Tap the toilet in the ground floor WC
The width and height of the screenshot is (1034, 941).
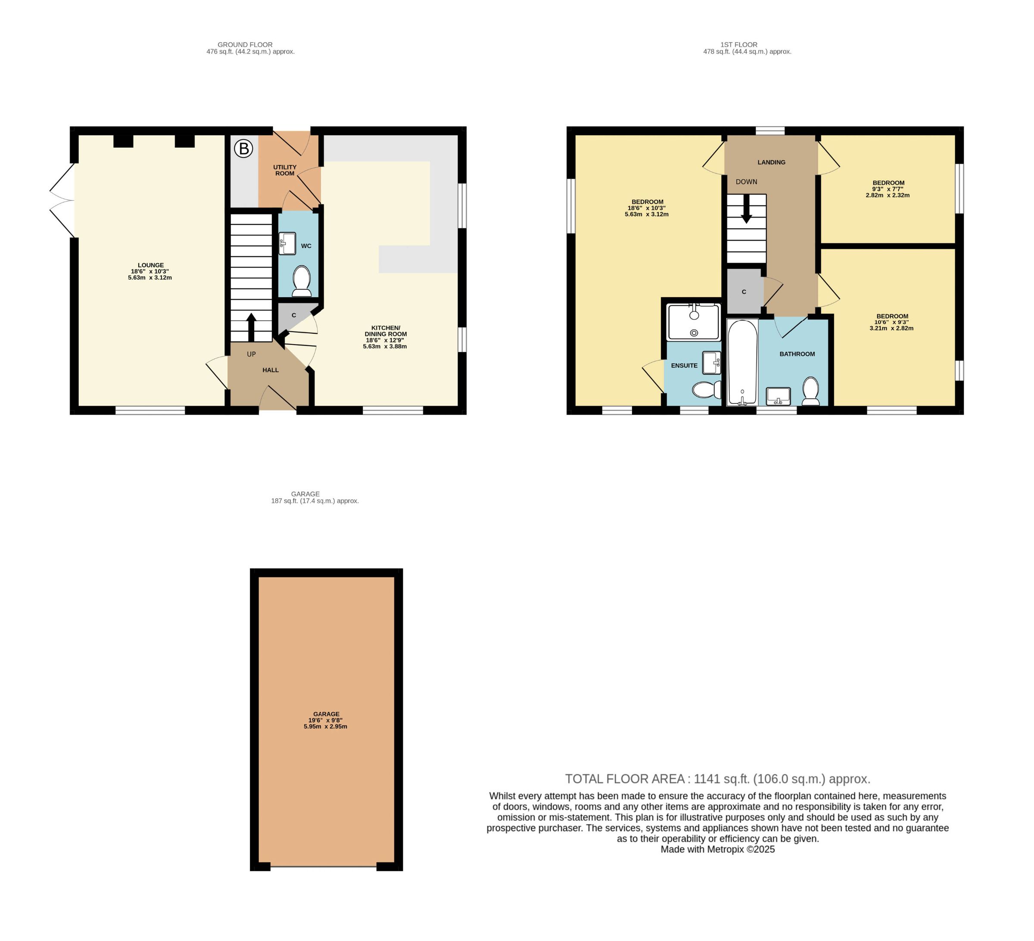tap(302, 281)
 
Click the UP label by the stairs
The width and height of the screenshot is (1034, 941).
tap(251, 354)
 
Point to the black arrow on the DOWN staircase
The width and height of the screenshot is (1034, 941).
tap(746, 208)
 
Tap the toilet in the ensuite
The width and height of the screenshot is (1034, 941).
tap(706, 390)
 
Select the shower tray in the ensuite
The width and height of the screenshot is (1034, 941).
tap(694, 322)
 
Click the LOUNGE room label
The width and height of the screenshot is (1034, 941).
tap(151, 265)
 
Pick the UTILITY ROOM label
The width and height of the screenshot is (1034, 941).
tap(285, 170)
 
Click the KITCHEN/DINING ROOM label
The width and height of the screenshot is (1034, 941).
tap(386, 331)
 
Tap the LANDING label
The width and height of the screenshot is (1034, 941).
tap(771, 162)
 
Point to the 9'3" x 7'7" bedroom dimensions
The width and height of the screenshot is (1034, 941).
tap(888, 189)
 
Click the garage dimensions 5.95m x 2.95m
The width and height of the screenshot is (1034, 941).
tap(325, 727)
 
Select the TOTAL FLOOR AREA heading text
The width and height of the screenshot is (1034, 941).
tap(625, 779)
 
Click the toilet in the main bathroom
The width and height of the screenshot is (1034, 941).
tap(811, 391)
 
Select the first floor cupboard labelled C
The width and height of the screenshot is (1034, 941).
tap(744, 291)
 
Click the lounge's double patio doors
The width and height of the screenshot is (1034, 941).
tap(62, 200)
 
